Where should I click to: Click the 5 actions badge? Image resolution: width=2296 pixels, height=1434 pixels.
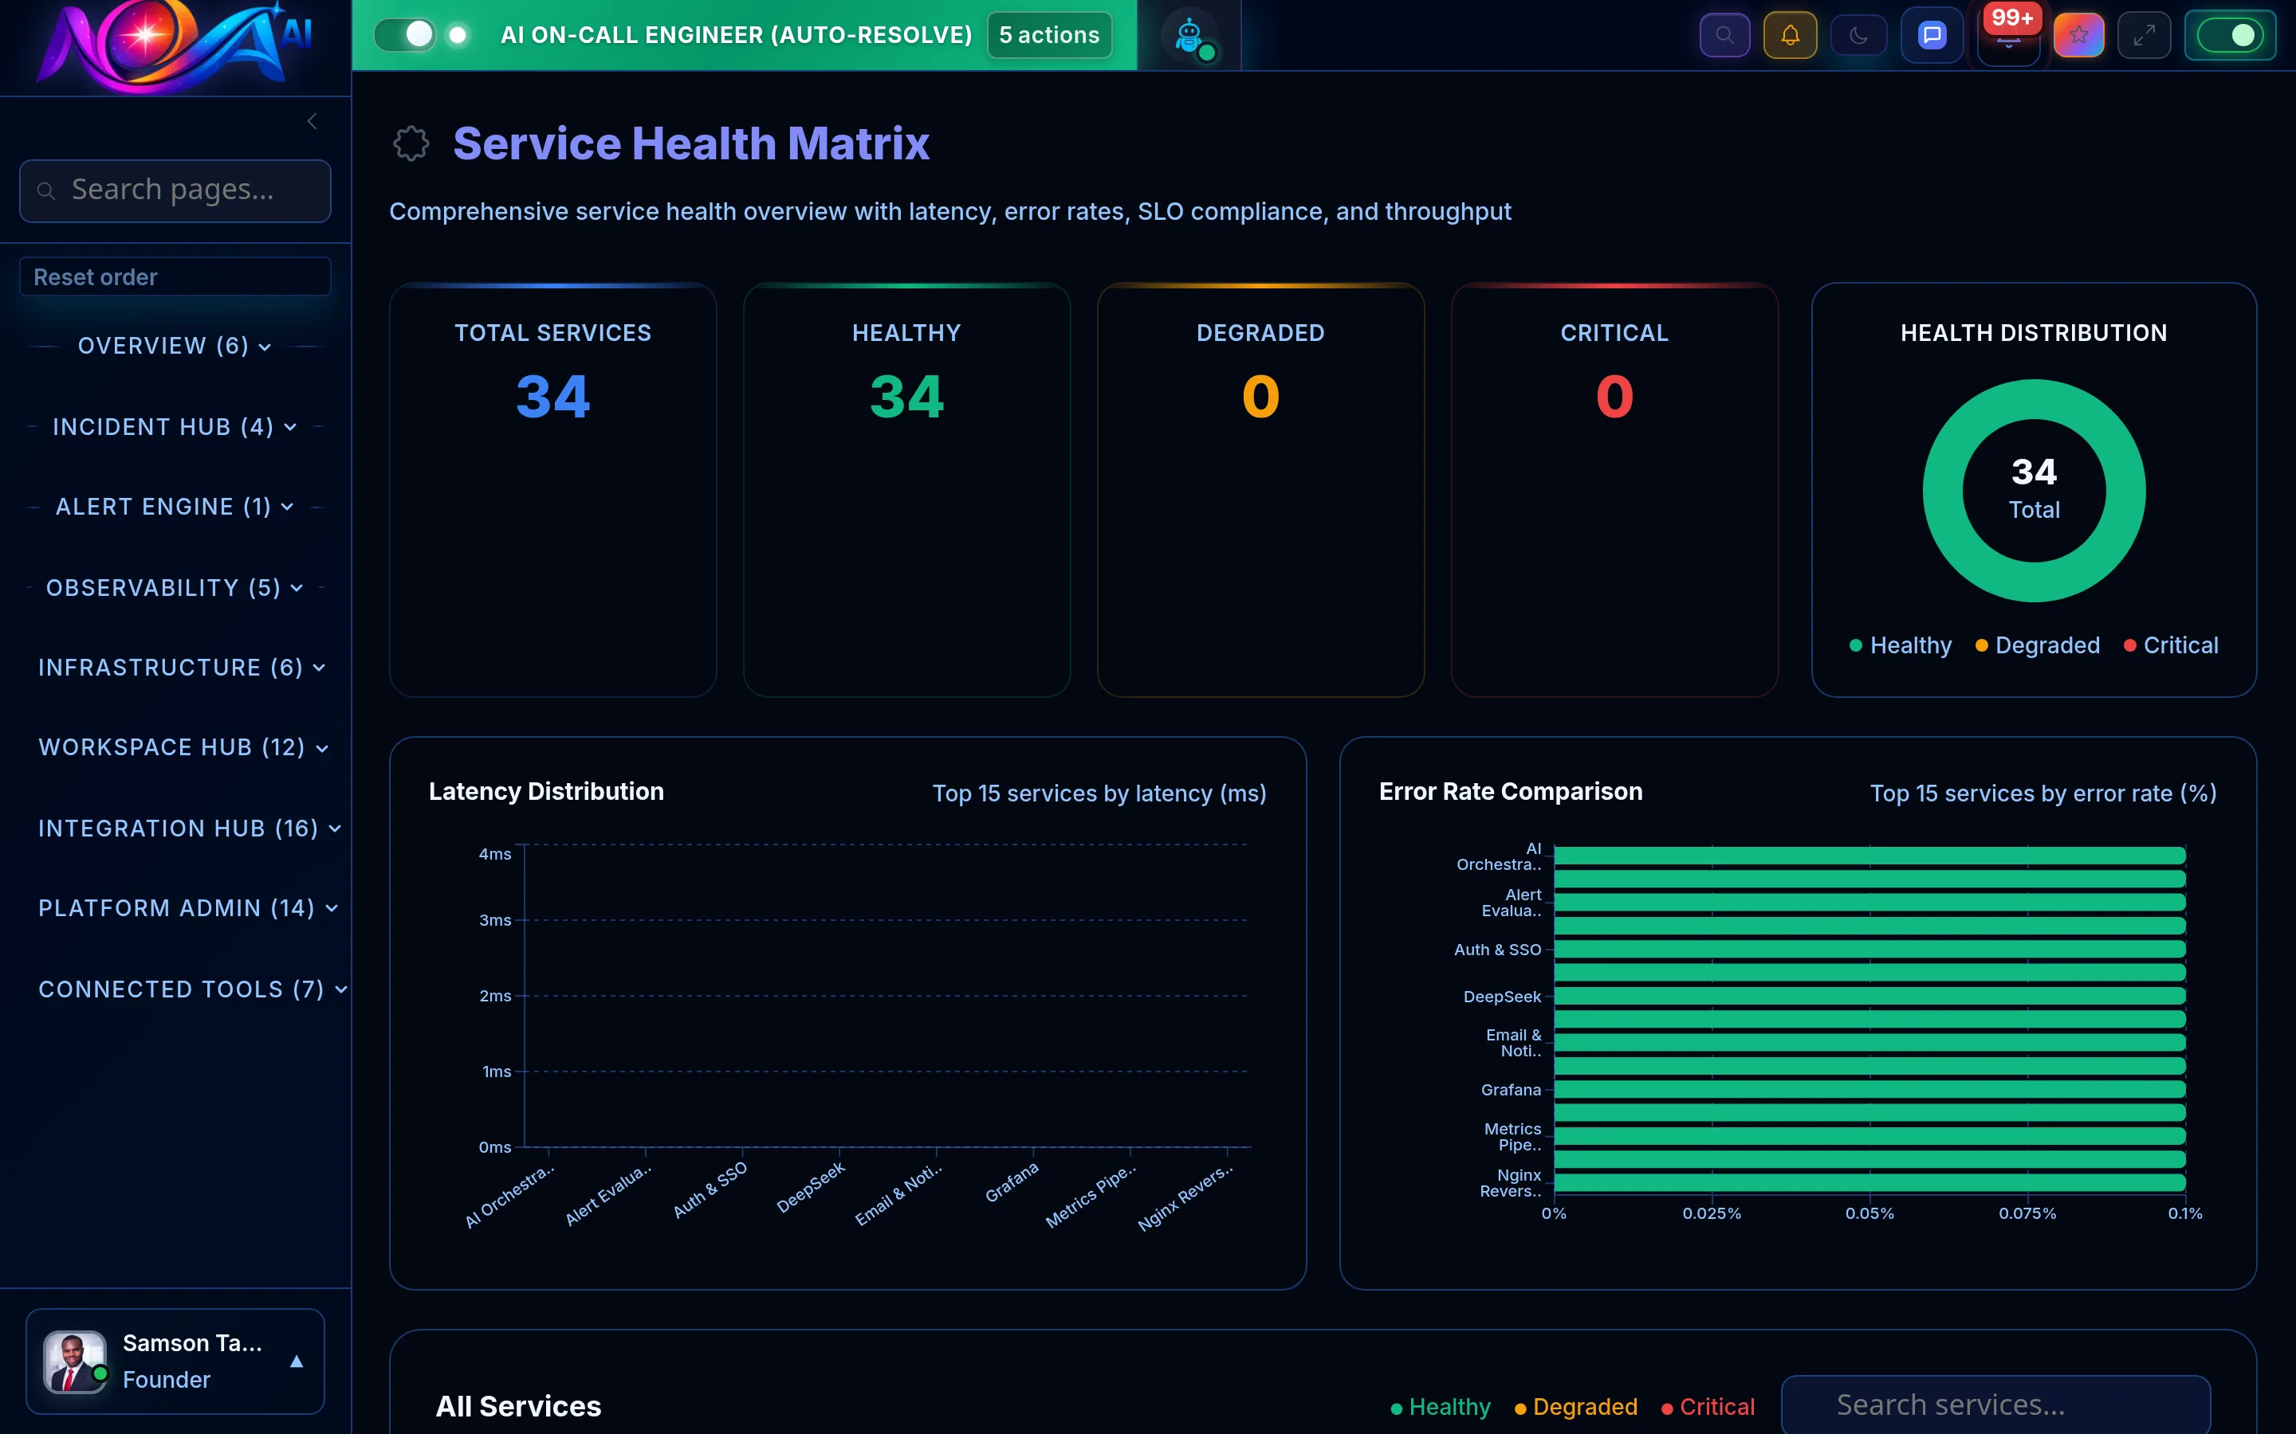click(1048, 35)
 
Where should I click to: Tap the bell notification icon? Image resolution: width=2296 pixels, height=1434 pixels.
click(1789, 35)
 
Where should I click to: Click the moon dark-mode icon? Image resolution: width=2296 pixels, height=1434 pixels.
click(1858, 35)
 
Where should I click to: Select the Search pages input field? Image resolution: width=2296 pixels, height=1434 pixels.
click(175, 190)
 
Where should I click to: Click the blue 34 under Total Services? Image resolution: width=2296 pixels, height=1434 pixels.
click(552, 397)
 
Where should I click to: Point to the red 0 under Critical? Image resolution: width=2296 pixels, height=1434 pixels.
click(1614, 397)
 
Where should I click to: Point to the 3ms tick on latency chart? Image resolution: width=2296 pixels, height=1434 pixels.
click(494, 920)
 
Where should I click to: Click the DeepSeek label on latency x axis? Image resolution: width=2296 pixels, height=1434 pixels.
click(810, 1187)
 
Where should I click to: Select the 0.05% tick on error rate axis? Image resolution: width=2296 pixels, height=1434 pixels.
click(1869, 1213)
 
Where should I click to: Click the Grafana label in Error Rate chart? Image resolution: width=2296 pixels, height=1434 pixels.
click(1511, 1090)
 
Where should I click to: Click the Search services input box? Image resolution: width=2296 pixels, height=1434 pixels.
click(1995, 1404)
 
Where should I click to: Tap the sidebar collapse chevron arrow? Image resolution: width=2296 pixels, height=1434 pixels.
click(313, 120)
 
